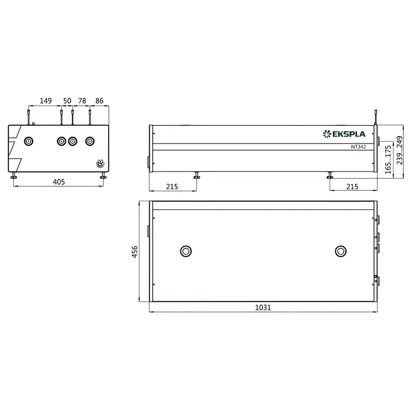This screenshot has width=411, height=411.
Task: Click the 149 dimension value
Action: tap(45, 101)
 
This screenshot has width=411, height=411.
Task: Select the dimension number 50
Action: tap(67, 101)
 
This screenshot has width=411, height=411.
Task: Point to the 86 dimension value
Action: tap(99, 101)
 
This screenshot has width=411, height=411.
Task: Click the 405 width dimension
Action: tap(59, 182)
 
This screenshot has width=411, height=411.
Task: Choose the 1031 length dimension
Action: tap(263, 307)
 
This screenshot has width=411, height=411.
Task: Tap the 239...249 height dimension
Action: tap(399, 151)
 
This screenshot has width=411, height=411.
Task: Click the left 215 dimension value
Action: tap(172, 186)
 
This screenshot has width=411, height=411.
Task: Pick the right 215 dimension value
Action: tap(352, 186)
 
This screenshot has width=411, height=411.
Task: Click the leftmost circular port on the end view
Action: tap(28, 141)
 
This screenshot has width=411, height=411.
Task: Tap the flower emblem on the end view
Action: tap(100, 164)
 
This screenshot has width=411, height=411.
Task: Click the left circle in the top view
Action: tap(186, 251)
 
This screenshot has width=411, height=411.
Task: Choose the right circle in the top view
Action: tap(340, 251)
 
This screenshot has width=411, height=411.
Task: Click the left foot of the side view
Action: tap(197, 176)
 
